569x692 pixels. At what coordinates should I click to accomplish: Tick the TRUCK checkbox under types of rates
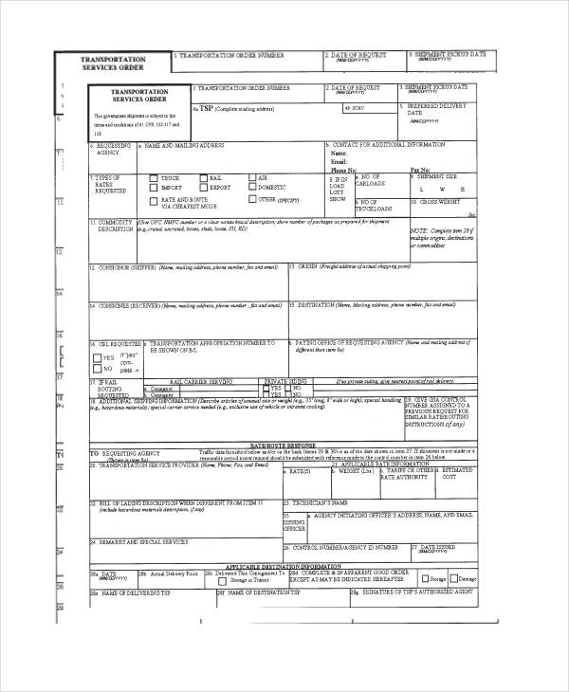point(153,178)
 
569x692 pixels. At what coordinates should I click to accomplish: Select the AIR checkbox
point(251,177)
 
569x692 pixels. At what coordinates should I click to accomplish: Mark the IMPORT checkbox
point(153,188)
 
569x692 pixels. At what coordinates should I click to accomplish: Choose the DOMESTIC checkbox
point(251,188)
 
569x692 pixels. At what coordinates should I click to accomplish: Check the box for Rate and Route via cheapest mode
point(153,201)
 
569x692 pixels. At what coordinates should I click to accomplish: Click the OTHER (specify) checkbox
point(251,200)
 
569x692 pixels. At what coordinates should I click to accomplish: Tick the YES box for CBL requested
point(97,357)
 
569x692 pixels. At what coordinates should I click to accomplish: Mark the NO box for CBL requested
point(97,370)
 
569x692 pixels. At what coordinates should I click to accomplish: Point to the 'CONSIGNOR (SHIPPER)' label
point(126,268)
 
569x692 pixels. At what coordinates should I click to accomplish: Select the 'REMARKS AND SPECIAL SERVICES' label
point(132,542)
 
